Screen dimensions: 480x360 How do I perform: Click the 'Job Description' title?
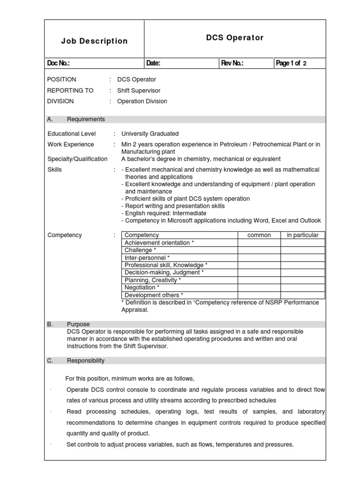(x=94, y=41)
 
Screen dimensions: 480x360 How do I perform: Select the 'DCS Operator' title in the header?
(x=235, y=37)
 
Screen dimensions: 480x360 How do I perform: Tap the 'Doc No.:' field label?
(x=59, y=63)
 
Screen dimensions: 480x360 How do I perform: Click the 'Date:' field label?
(x=153, y=63)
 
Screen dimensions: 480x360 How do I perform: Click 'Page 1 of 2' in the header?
(x=292, y=63)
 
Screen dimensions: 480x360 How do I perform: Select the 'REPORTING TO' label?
(x=70, y=90)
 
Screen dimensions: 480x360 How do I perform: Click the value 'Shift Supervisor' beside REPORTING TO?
(x=138, y=90)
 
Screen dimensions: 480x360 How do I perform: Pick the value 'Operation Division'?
(x=142, y=101)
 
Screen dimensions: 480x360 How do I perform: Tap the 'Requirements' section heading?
(x=86, y=119)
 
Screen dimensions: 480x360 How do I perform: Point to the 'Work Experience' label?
(x=70, y=144)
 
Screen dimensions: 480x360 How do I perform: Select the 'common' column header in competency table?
(x=259, y=235)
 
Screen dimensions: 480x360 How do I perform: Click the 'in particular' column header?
(x=302, y=235)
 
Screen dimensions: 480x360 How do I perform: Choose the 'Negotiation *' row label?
(x=142, y=287)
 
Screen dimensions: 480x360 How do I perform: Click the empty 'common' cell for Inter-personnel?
(x=259, y=258)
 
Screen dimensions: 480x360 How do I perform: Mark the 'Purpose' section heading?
(x=78, y=324)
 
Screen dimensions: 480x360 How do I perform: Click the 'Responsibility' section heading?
(x=86, y=360)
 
